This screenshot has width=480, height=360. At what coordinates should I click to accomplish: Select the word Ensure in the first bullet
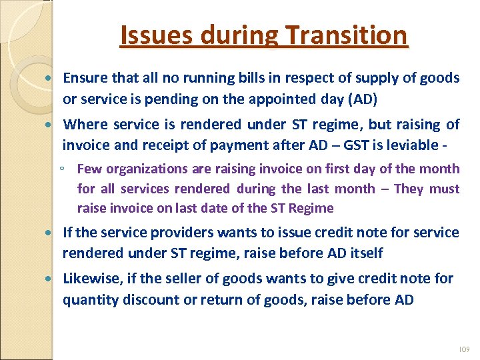tap(85, 78)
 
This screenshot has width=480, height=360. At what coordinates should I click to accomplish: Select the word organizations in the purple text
tap(139, 169)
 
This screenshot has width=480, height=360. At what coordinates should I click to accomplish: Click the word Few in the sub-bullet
tap(88, 169)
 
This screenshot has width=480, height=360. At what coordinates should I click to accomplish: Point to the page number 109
tap(465, 349)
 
